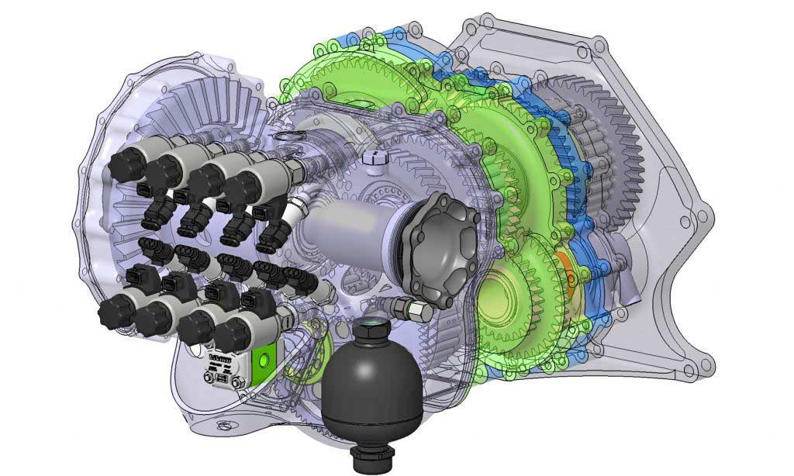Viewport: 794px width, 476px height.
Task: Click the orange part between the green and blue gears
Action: (x=564, y=268)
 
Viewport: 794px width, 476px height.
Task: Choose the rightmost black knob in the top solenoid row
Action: (x=244, y=186)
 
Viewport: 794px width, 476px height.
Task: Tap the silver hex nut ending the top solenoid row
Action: (x=295, y=170)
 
